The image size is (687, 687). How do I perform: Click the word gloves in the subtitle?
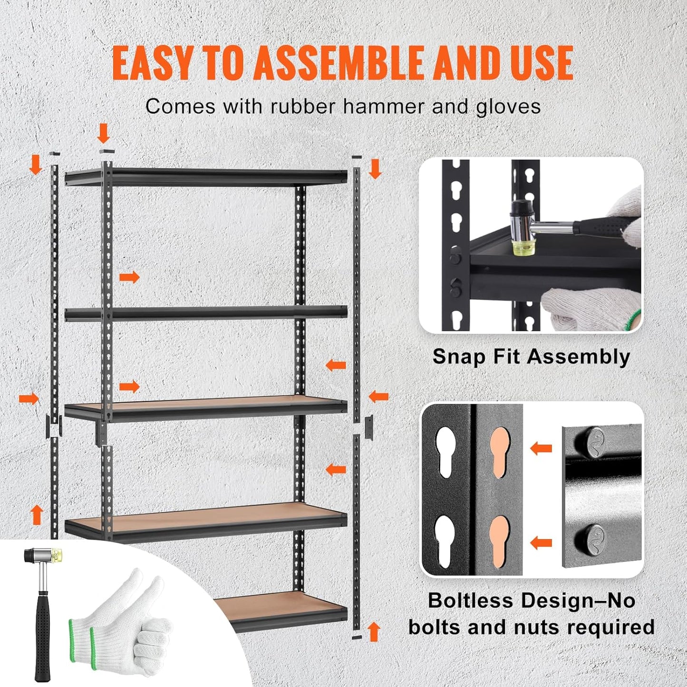click(508, 106)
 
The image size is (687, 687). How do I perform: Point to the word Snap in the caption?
click(457, 357)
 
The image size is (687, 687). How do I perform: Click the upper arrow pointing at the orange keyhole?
click(541, 447)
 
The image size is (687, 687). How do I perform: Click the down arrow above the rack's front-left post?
click(103, 134)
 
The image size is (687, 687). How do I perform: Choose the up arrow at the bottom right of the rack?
click(374, 631)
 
